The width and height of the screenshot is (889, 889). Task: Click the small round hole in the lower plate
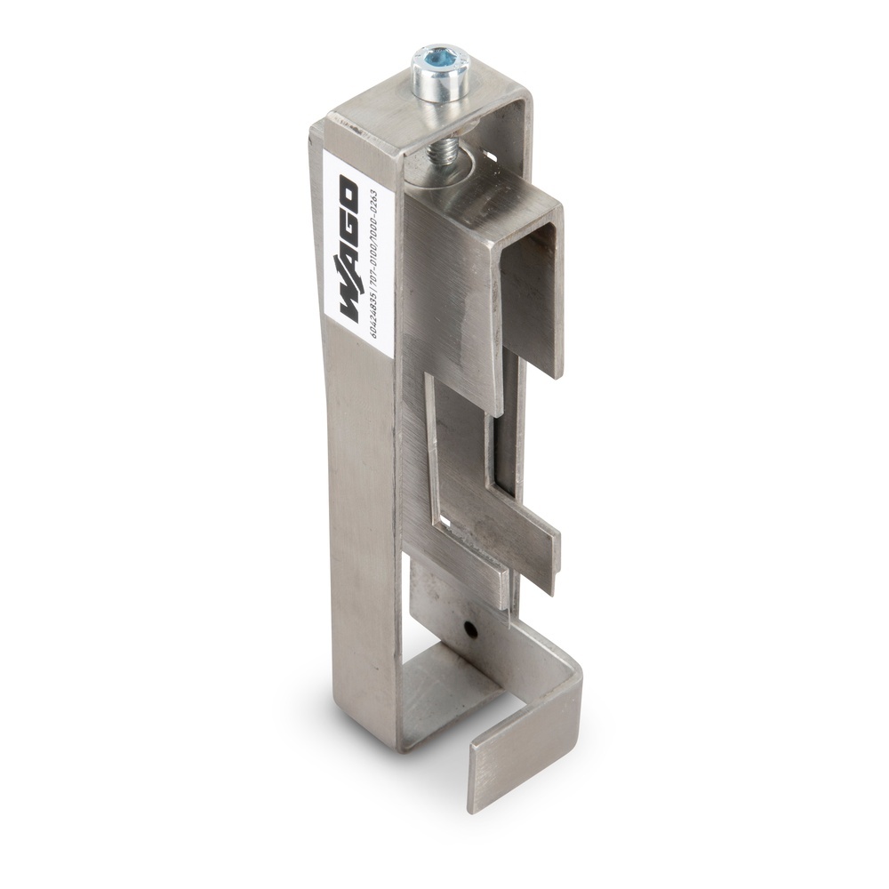tap(471, 630)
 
